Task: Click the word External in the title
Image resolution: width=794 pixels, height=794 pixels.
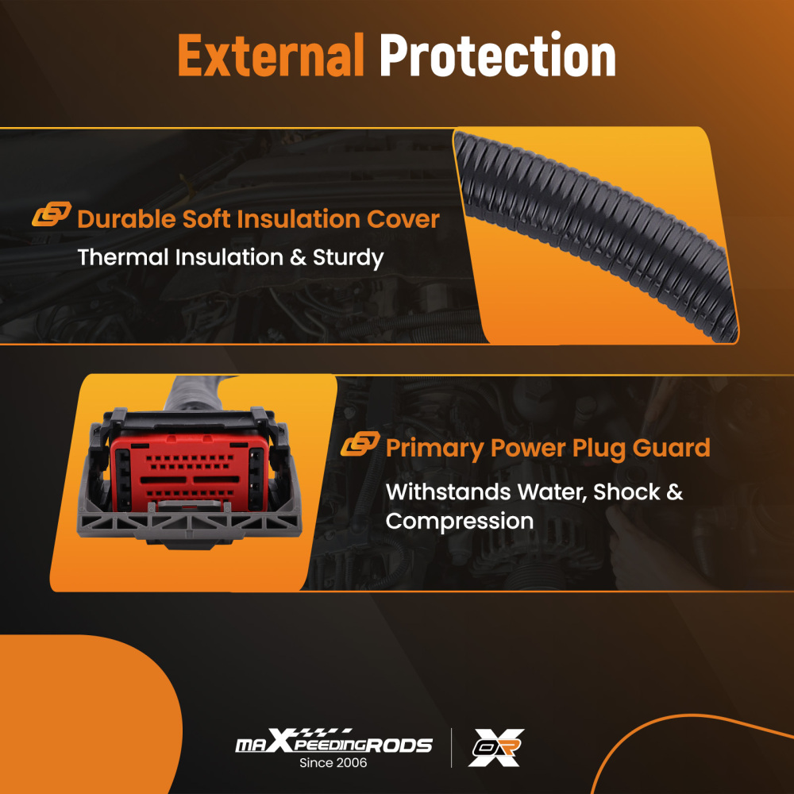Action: point(271,55)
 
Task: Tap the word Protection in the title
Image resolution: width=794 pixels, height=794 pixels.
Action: point(498,55)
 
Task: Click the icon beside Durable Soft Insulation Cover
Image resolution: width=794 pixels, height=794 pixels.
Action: point(51,214)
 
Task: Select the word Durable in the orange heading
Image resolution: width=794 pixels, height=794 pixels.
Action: point(126,219)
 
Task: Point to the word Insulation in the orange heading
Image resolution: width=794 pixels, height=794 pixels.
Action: point(299,219)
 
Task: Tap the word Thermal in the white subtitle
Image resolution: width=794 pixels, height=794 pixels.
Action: point(123,256)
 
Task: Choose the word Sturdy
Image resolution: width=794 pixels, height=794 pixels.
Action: point(349,258)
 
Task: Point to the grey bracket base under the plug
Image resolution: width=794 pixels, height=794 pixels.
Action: point(189,524)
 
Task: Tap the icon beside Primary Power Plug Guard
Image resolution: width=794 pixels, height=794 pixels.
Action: point(360,444)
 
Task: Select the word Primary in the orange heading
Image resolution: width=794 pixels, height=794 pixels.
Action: point(435,449)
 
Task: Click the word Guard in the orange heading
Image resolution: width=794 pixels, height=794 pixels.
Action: point(671,448)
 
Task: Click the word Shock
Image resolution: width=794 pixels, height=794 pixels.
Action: point(626,491)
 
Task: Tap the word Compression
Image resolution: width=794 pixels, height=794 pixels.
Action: point(460,522)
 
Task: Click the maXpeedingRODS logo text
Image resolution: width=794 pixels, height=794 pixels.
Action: point(333,742)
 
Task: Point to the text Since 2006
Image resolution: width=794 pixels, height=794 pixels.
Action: point(333,762)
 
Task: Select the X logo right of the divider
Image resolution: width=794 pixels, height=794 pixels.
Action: point(496,747)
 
